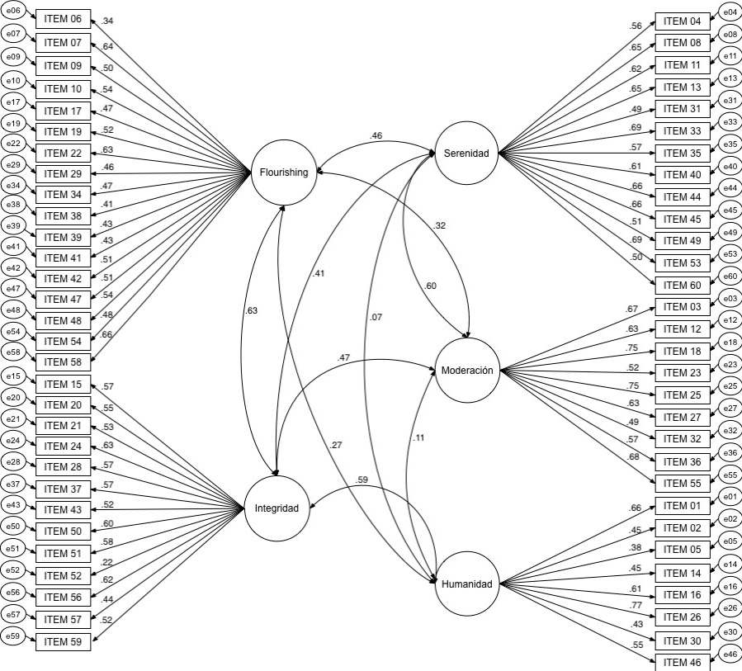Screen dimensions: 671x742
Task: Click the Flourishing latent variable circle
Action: pos(284,172)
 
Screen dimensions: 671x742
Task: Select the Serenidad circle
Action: pos(466,153)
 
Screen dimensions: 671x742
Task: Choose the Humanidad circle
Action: pos(466,584)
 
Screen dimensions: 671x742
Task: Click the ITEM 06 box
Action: pos(63,20)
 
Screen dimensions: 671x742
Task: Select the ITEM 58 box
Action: pos(63,361)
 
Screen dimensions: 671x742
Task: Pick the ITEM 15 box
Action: pos(63,384)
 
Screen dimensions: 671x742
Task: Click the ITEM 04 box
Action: pos(683,21)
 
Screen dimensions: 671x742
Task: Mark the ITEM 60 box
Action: pos(683,286)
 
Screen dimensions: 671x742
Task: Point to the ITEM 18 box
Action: pos(683,351)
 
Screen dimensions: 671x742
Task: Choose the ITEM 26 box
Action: pos(683,616)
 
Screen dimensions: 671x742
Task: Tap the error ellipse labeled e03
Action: pos(730,298)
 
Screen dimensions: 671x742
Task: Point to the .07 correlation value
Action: pos(376,316)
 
